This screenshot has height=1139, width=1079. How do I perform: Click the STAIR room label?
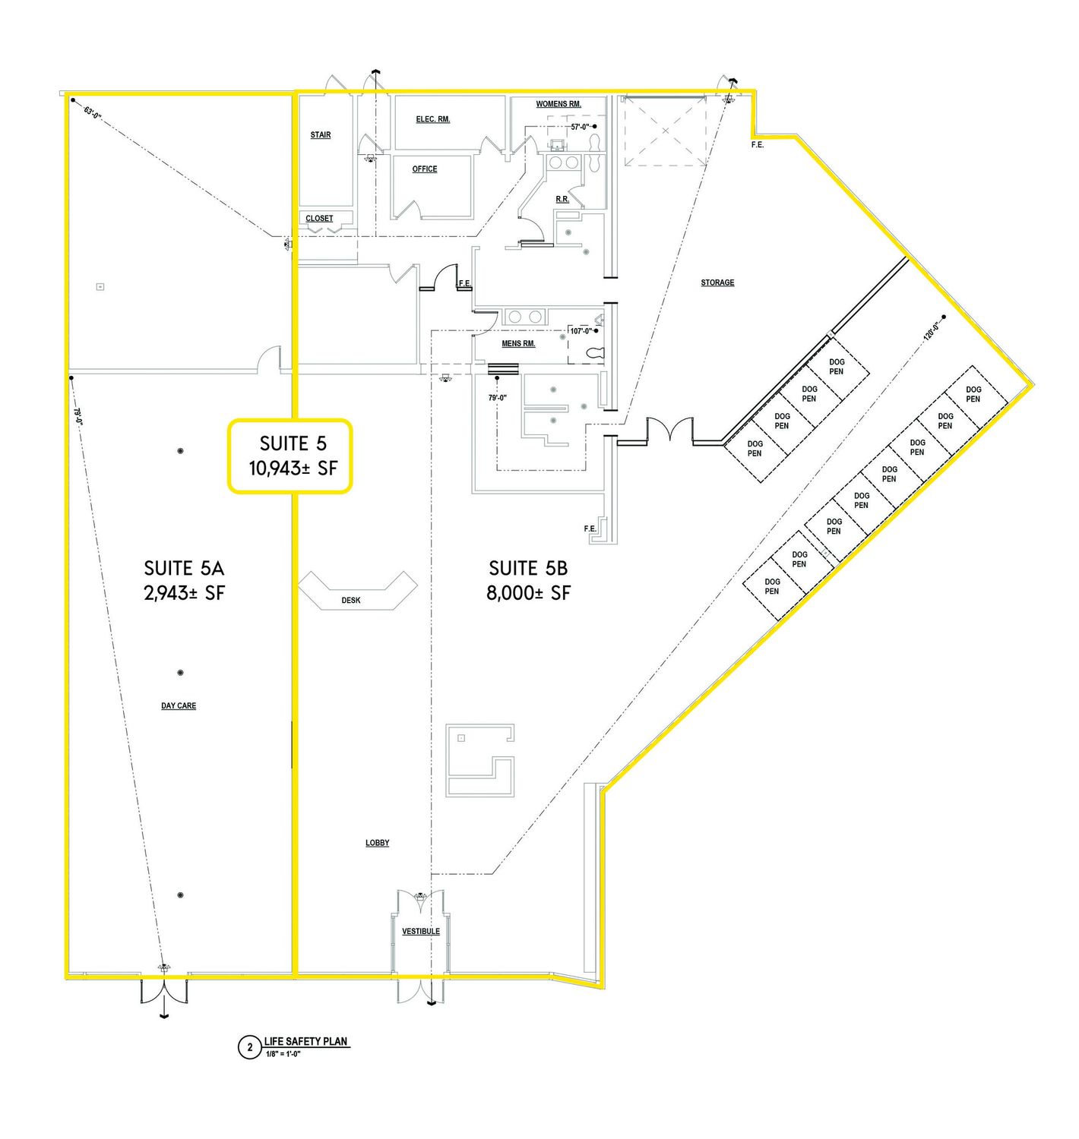(x=320, y=135)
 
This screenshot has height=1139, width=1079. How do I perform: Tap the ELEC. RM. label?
(x=432, y=119)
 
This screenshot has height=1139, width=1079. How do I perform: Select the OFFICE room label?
(x=425, y=169)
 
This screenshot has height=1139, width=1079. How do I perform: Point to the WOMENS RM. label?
(x=558, y=104)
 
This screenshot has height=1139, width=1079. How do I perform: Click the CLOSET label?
(x=319, y=219)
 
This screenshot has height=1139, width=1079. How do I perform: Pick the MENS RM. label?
(x=517, y=343)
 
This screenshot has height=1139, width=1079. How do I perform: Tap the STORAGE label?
(x=717, y=282)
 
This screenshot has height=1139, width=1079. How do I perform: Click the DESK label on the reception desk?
(x=350, y=600)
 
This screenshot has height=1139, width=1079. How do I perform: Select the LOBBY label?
(x=377, y=843)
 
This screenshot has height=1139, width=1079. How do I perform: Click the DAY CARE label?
(x=179, y=705)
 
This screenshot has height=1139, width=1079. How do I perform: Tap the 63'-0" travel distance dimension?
(x=92, y=112)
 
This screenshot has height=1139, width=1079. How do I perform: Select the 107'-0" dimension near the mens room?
(x=581, y=331)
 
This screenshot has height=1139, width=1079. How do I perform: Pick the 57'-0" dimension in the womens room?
(x=580, y=126)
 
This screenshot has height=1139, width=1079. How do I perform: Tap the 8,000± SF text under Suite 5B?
(x=528, y=593)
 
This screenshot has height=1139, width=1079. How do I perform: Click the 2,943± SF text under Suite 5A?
(x=184, y=593)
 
